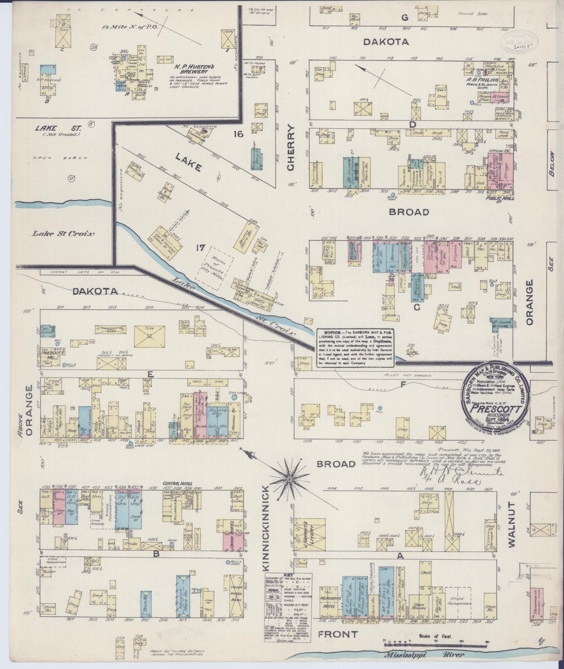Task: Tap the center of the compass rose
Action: [x=289, y=479]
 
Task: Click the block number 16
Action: [x=238, y=135]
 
